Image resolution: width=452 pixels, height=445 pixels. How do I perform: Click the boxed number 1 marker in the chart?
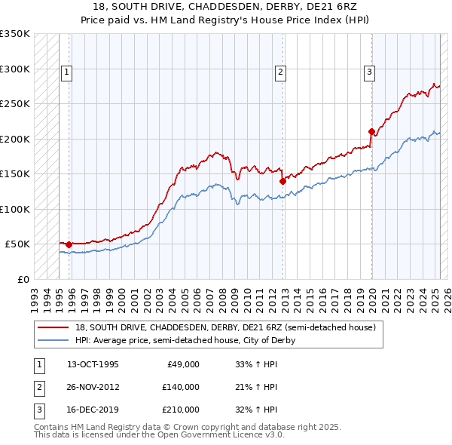pyautogui.click(x=66, y=72)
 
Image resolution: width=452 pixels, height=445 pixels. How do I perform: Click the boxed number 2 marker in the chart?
pyautogui.click(x=280, y=72)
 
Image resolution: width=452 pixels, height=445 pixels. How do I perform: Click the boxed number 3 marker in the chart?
pyautogui.click(x=370, y=72)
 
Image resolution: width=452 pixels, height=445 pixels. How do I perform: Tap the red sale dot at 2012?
pyautogui.click(x=282, y=181)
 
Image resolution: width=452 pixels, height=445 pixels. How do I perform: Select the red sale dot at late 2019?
pyautogui.click(x=371, y=131)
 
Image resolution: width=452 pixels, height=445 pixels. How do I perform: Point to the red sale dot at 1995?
pyautogui.click(x=69, y=244)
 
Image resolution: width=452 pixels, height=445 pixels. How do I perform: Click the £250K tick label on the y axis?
pyautogui.click(x=15, y=103)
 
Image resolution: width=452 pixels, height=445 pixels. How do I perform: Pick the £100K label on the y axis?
pyautogui.click(x=15, y=209)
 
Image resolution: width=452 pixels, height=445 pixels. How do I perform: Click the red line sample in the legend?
pyautogui.click(x=53, y=327)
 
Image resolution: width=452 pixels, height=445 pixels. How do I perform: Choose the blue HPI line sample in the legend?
pyautogui.click(x=53, y=340)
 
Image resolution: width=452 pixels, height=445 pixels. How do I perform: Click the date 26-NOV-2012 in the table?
pyautogui.click(x=93, y=387)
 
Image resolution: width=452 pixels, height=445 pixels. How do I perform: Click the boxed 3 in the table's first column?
pyautogui.click(x=38, y=410)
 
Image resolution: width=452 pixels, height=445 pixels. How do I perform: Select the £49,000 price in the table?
pyautogui.click(x=183, y=364)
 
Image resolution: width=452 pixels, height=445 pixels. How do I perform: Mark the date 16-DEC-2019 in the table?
pyautogui.click(x=93, y=410)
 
